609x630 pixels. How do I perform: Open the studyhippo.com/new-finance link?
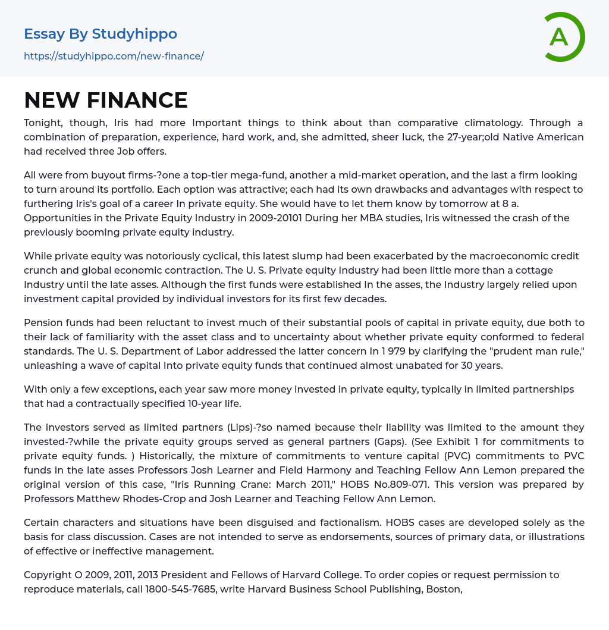coord(114,56)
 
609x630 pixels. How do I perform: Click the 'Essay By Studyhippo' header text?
coord(101,34)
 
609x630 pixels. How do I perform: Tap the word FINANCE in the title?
coord(137,100)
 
